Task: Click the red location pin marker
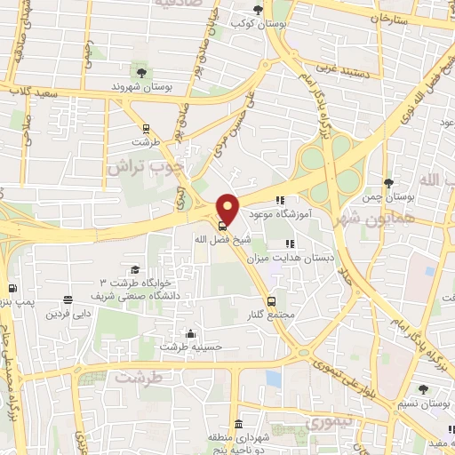227,208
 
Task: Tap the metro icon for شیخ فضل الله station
222,225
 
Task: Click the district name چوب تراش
144,165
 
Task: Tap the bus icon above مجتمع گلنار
272,300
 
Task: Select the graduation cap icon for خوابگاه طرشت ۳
134,270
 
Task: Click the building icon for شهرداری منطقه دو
237,424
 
